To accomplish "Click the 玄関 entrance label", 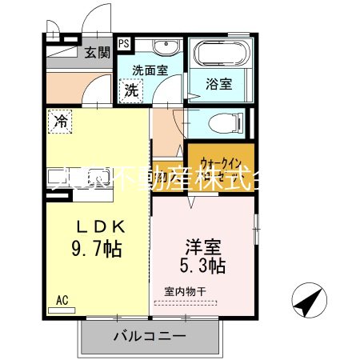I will coord(98,54).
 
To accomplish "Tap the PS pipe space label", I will coord(124,44).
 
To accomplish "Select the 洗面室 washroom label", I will coord(149,69).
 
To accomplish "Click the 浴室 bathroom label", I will coord(218,82).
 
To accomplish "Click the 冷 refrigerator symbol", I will coord(60,122).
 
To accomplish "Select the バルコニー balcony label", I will coord(149,336).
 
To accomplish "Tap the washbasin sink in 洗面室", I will coord(166,46).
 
